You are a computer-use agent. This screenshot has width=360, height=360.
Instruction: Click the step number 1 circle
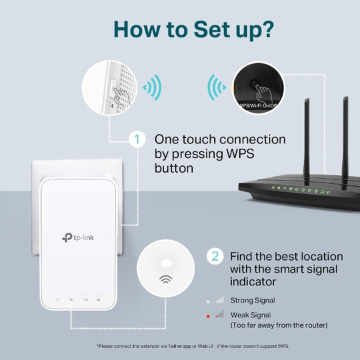pos(137,140)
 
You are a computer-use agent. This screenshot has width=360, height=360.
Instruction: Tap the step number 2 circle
pos(215,257)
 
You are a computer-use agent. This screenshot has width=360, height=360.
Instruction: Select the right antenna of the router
pos(346,137)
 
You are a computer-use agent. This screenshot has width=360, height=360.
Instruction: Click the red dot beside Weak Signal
pos(207,314)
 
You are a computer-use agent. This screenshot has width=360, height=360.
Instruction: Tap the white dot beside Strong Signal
pos(207,301)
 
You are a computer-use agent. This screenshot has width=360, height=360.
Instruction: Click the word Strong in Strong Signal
pos(241,301)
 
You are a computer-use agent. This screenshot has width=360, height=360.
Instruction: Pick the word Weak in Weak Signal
pos(240,314)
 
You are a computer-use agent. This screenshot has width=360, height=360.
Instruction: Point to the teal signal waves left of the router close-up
pos(216,87)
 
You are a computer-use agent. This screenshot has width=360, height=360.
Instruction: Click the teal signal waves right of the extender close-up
pos(153,87)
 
